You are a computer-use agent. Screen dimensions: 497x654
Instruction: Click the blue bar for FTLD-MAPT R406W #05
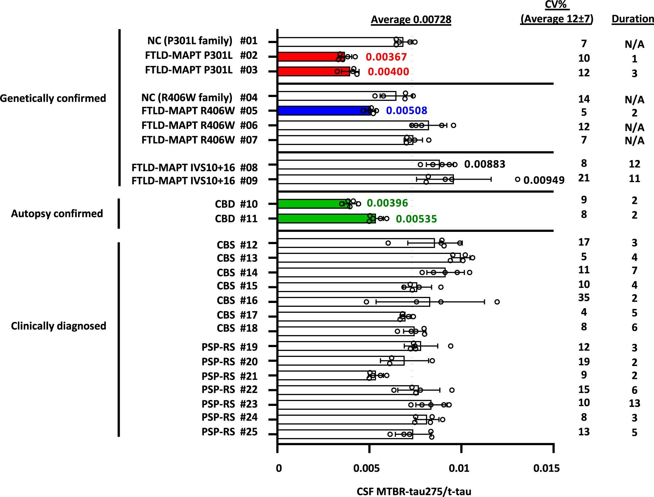(322, 111)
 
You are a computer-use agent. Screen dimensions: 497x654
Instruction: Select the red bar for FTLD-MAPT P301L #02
(308, 57)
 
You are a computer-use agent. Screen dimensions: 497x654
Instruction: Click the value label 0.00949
(544, 180)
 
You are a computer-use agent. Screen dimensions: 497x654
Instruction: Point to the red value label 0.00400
(388, 72)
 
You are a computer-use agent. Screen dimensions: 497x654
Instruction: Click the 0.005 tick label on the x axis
(366, 468)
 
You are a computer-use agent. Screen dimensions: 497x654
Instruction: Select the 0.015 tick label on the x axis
(546, 468)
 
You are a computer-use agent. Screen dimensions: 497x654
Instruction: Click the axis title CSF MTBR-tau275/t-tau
(414, 491)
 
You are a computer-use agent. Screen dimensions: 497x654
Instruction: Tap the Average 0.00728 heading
(411, 20)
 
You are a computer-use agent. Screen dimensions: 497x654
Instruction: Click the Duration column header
(633, 19)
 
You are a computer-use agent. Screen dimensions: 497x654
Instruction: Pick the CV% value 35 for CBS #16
(584, 298)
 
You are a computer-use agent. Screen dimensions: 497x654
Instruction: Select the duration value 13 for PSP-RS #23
(634, 403)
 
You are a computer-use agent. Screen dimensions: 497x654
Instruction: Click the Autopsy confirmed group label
(57, 214)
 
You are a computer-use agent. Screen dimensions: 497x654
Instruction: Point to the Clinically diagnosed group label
(58, 326)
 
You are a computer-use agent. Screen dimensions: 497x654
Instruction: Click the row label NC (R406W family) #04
(199, 97)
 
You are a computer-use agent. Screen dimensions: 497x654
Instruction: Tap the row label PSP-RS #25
(229, 432)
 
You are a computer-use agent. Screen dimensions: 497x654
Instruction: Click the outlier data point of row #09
(517, 179)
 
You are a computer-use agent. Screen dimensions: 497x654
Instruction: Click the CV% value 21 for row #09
(584, 178)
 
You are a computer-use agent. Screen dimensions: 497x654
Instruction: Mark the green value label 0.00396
(387, 203)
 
